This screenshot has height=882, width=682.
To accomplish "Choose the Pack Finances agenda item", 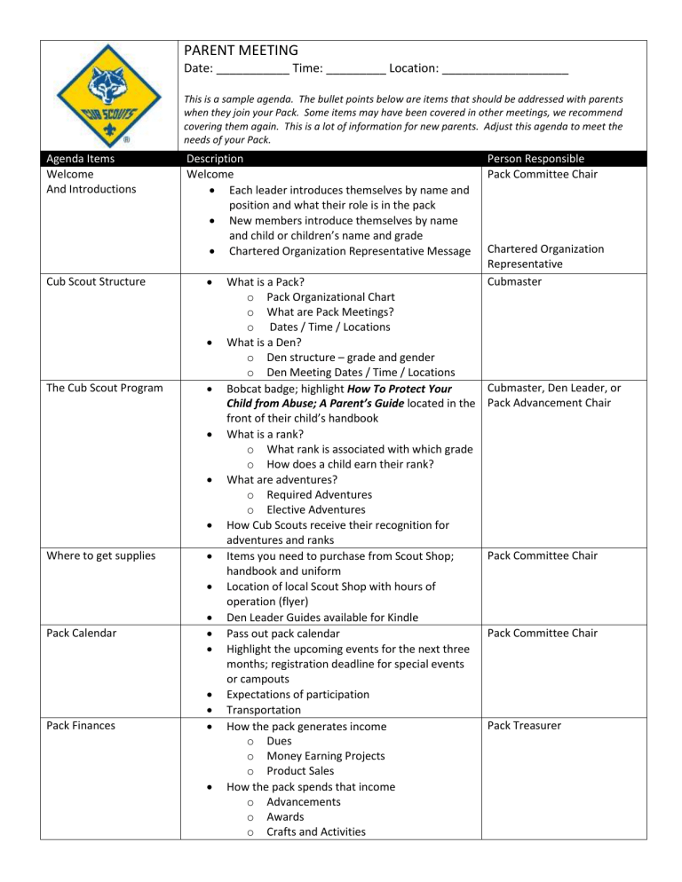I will click(78, 725).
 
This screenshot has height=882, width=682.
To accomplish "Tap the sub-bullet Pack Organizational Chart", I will click(330, 296).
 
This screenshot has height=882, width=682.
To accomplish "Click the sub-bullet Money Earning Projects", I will click(325, 755).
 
